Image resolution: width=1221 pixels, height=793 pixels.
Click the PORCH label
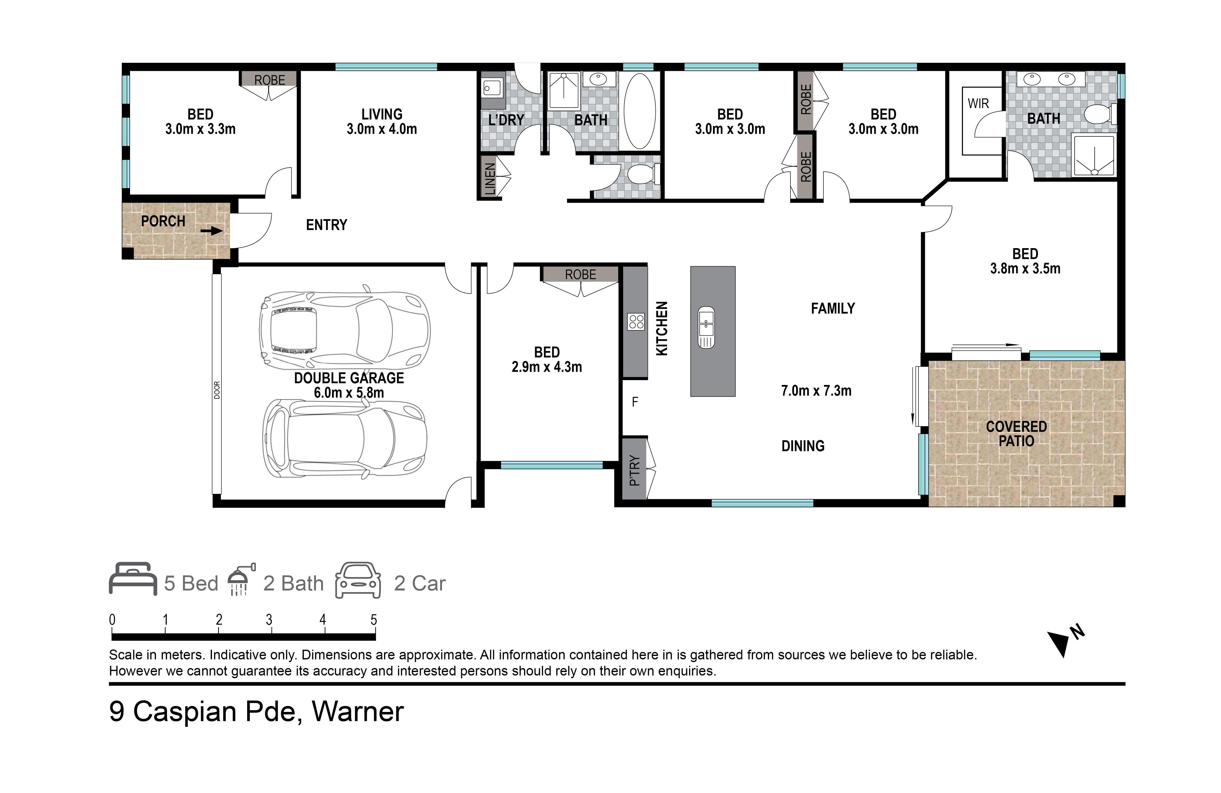click(163, 221)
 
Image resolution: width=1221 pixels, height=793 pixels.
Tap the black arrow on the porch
click(211, 231)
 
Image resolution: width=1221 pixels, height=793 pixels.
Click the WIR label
click(978, 104)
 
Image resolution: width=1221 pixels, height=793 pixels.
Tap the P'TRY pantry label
click(635, 470)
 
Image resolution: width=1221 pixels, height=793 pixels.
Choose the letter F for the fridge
click(635, 402)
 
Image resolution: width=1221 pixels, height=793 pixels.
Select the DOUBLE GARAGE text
click(349, 378)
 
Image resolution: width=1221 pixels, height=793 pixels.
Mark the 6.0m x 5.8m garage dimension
click(349, 393)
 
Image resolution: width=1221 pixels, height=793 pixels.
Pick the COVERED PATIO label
click(1016, 434)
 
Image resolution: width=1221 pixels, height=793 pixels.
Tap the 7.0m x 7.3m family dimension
click(816, 391)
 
